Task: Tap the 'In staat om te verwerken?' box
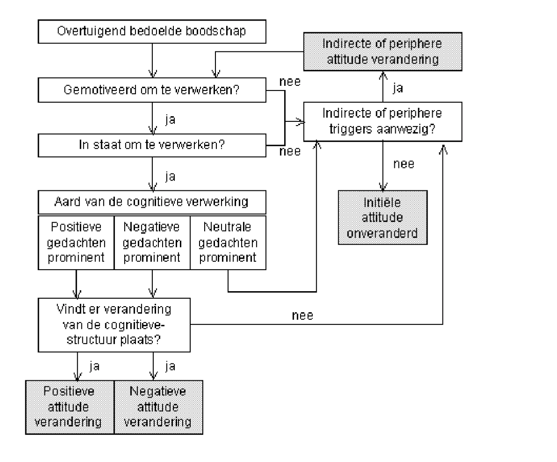[x=152, y=145]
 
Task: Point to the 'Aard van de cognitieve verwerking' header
[x=152, y=202]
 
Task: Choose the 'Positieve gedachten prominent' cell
[x=76, y=242]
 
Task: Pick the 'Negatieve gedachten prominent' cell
[x=152, y=242]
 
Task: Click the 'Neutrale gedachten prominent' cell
[x=228, y=242]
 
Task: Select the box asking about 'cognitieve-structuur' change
[x=115, y=325]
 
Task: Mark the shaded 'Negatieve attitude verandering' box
[x=158, y=407]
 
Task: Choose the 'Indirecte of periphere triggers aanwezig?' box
[x=383, y=122]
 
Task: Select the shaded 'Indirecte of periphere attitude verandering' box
[x=383, y=52]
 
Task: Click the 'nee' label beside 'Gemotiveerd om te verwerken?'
[x=290, y=82]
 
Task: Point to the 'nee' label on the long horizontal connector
[x=302, y=315]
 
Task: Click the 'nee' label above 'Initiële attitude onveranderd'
[x=404, y=164]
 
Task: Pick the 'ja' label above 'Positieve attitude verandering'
[x=94, y=366]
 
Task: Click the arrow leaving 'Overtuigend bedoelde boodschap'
[x=152, y=61]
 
